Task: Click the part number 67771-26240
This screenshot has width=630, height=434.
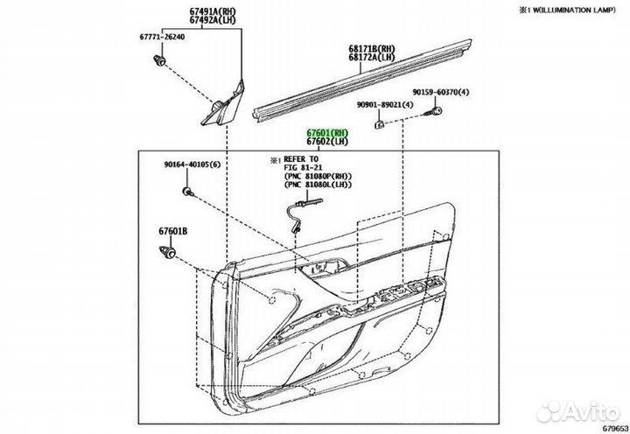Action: tap(163, 37)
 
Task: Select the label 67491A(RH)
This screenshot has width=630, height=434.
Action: tap(213, 11)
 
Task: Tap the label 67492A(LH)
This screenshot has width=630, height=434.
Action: tap(213, 20)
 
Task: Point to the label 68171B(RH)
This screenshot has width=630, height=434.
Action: tap(372, 49)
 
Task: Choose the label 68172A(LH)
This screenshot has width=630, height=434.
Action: tap(372, 58)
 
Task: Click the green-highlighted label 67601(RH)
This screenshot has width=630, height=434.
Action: tap(327, 133)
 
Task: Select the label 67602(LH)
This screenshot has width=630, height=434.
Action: tap(327, 142)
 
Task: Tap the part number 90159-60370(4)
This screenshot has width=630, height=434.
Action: tap(441, 93)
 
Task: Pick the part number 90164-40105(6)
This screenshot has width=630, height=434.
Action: tap(192, 164)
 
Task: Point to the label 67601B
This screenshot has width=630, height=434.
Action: tap(172, 232)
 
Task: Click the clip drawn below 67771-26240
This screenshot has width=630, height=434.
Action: tap(159, 60)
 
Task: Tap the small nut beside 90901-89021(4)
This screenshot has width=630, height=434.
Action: tap(379, 124)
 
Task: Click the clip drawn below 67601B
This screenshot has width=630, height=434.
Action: tap(167, 252)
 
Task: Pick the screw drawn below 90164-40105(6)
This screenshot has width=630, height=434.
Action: tap(188, 192)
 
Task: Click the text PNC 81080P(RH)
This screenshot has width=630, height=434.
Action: tap(318, 176)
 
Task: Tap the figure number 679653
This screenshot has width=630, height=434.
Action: tap(615, 429)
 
